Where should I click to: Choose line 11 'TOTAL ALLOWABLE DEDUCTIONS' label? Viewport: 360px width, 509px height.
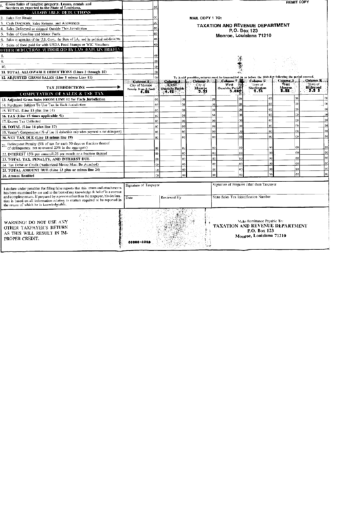coord(54,71)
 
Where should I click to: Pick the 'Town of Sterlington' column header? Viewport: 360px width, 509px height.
coord(259,85)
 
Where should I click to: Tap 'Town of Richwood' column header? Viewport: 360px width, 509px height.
coord(314,85)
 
